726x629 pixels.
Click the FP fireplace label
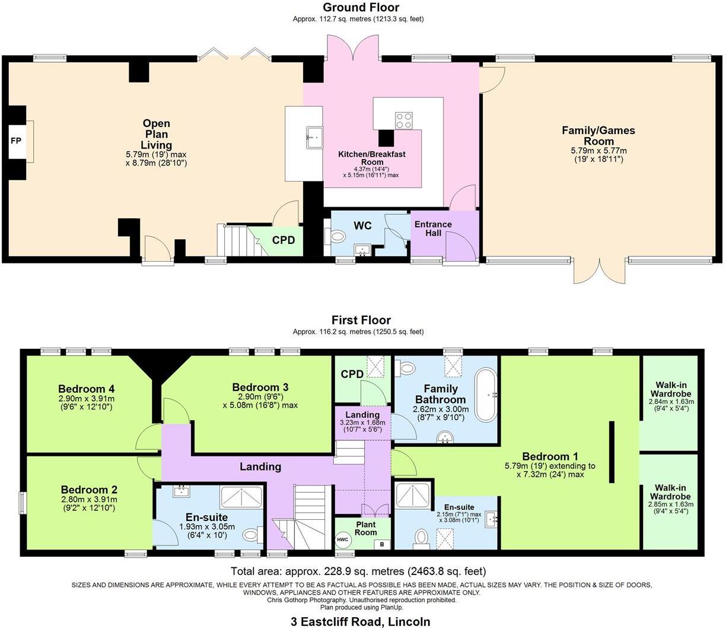(16, 141)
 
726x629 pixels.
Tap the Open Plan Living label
(156, 134)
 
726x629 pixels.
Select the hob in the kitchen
(405, 121)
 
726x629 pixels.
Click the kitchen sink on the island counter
(313, 137)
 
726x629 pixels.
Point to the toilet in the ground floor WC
(336, 237)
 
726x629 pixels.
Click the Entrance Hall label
(433, 229)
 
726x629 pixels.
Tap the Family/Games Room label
(598, 135)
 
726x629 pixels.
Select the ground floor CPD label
(284, 240)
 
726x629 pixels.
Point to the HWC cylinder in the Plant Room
(343, 539)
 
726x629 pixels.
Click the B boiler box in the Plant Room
(383, 544)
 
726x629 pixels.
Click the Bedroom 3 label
(260, 387)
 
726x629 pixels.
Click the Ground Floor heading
(360, 7)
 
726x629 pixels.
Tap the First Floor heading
(360, 320)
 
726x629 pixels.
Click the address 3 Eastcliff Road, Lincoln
(360, 621)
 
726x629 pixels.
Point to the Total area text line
(358, 571)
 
